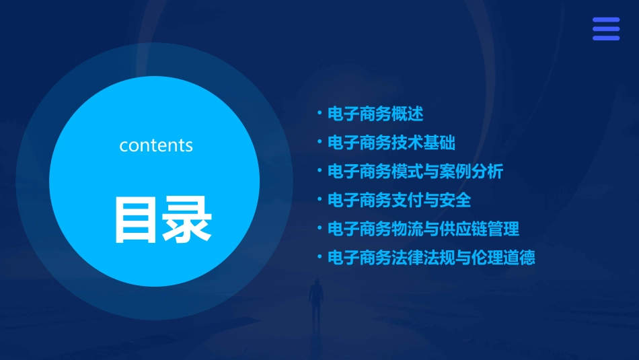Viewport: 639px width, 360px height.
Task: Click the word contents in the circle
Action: click(156, 145)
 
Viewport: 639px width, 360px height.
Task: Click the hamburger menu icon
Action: click(605, 29)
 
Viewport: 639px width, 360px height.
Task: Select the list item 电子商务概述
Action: click(375, 114)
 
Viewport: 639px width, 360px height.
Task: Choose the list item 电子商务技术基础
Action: click(391, 143)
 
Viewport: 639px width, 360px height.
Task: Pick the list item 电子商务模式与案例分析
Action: click(415, 172)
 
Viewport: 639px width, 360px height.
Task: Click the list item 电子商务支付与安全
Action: click(399, 200)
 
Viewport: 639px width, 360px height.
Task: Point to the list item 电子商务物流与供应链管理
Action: click(423, 229)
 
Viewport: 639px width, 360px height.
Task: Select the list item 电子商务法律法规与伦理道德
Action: click(431, 258)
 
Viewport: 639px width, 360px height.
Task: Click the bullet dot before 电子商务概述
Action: click(319, 113)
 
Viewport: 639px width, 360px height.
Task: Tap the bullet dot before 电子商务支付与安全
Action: click(319, 199)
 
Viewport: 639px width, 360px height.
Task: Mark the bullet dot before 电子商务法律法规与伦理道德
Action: click(319, 257)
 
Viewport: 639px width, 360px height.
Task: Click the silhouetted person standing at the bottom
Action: click(315, 303)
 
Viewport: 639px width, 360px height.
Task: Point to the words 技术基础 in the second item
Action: click(424, 143)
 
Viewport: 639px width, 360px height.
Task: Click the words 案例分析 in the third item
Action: click(471, 172)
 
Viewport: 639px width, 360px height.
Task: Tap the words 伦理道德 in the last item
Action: click(503, 258)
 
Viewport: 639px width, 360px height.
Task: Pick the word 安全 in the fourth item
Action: click(455, 200)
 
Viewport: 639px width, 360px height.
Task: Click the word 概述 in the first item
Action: click(408, 114)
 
